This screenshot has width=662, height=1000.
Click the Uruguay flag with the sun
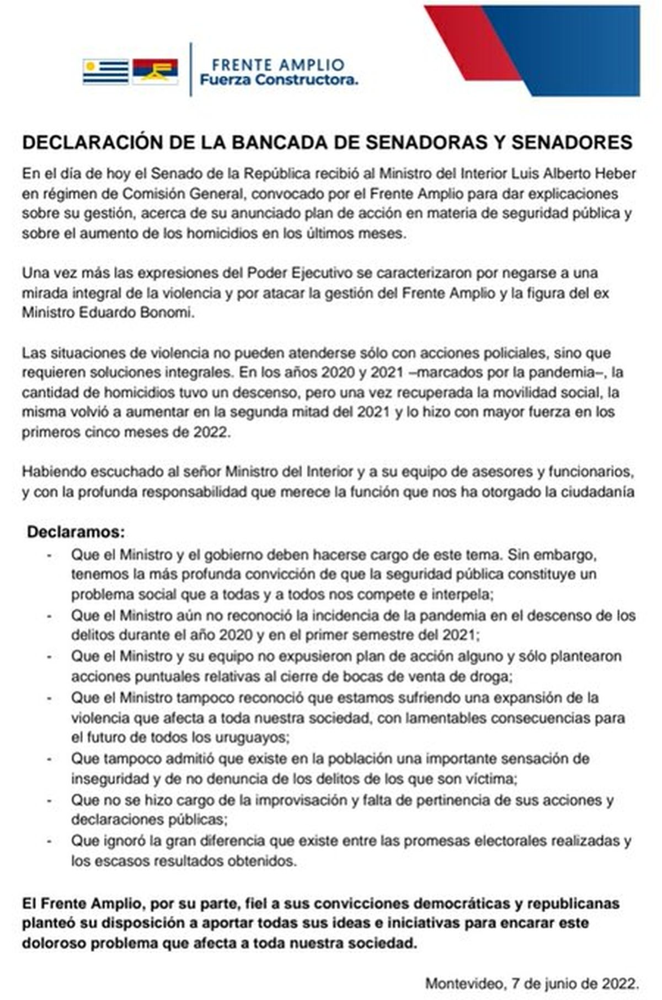pyautogui.click(x=106, y=71)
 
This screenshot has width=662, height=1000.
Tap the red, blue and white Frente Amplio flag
pyautogui.click(x=155, y=71)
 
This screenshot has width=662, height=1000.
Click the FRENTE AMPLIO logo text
pyautogui.click(x=278, y=65)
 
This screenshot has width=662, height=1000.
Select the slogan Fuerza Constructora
pyautogui.click(x=279, y=81)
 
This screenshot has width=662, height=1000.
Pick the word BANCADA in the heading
pyautogui.click(x=279, y=142)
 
